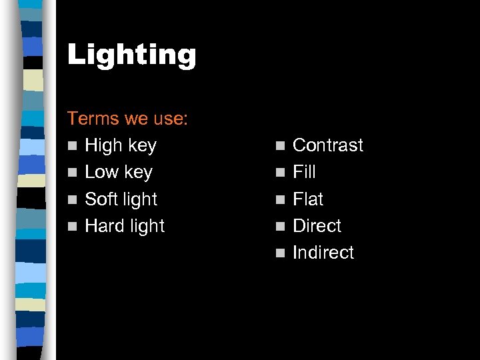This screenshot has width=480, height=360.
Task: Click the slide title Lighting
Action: point(131,55)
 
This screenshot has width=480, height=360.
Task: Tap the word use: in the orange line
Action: point(169,119)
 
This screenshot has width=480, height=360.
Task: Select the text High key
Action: point(121,145)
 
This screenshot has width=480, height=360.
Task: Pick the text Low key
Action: point(119,172)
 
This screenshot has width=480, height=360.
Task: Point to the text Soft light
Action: point(121,199)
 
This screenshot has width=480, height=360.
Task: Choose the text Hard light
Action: point(125,225)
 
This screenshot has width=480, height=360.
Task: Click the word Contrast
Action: point(328,145)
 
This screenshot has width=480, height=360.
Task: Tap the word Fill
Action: point(304,172)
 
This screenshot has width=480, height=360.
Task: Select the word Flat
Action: point(308,199)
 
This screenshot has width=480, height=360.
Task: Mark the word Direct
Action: point(317,225)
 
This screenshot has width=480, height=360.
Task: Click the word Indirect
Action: point(323,253)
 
